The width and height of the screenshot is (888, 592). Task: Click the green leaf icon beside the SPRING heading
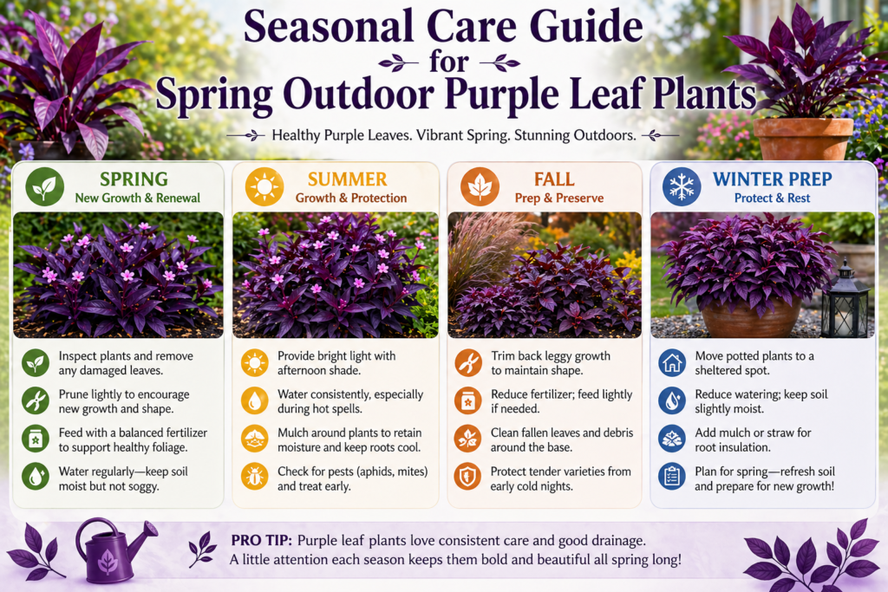[43, 187]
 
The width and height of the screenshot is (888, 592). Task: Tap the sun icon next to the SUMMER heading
[264, 187]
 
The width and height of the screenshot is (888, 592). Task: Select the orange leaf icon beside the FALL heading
[480, 187]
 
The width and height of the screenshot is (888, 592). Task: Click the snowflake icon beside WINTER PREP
[682, 187]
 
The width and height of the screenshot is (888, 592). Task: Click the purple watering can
[114, 550]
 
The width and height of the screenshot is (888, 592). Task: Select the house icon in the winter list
[672, 361]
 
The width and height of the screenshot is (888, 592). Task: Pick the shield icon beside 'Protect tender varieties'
[468, 477]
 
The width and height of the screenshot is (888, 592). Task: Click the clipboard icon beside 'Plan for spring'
[672, 477]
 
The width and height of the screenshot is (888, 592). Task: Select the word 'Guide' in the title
[565, 28]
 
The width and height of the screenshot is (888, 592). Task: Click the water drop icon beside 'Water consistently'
[254, 400]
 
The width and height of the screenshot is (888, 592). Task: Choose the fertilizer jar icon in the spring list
[36, 439]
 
